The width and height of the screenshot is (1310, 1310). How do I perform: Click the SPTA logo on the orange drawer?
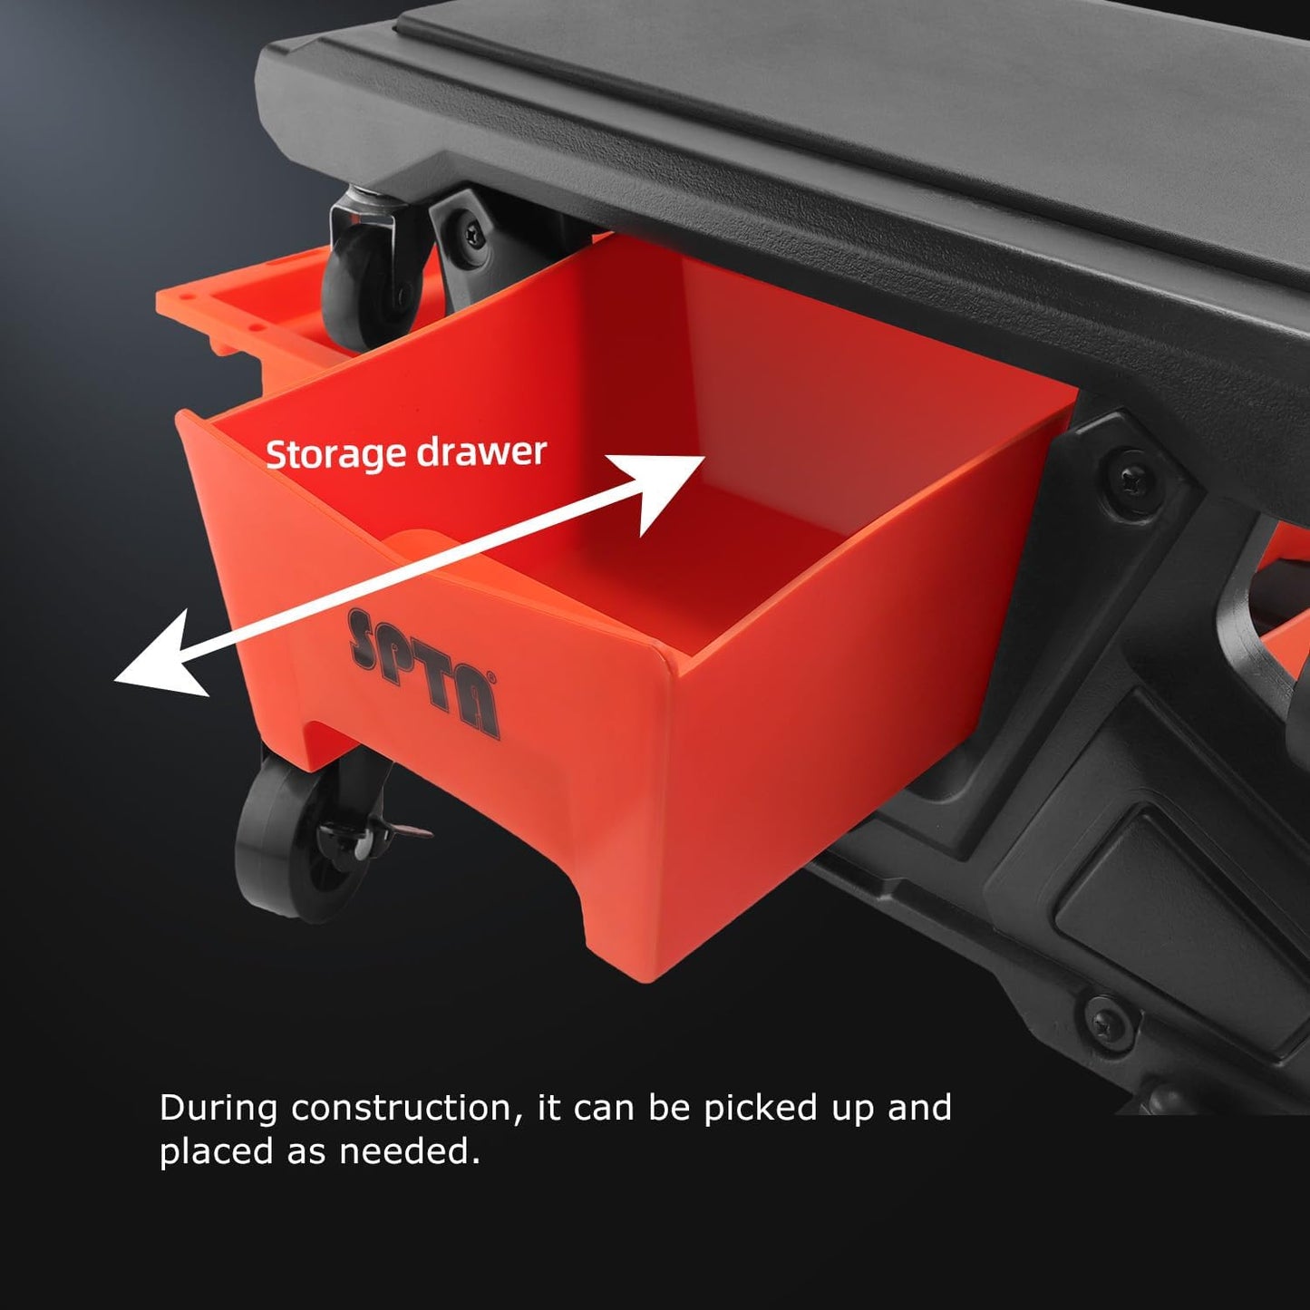pos(422,671)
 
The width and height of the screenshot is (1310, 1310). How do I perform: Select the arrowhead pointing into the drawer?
pos(665,484)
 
